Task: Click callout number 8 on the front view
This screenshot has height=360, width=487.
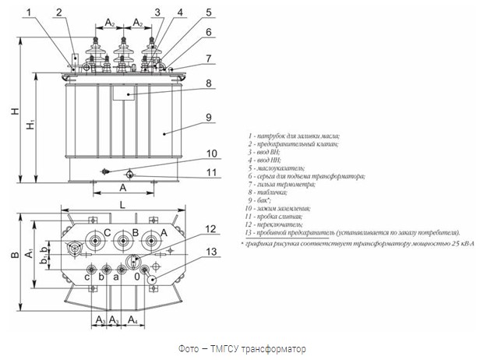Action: pos(209,83)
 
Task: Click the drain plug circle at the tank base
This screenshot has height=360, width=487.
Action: pos(130,175)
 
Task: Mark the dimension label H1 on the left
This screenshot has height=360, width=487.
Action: pos(29,124)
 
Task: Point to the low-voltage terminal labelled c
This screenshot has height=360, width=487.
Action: pos(90,274)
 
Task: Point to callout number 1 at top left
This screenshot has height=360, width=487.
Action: pos(29,12)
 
